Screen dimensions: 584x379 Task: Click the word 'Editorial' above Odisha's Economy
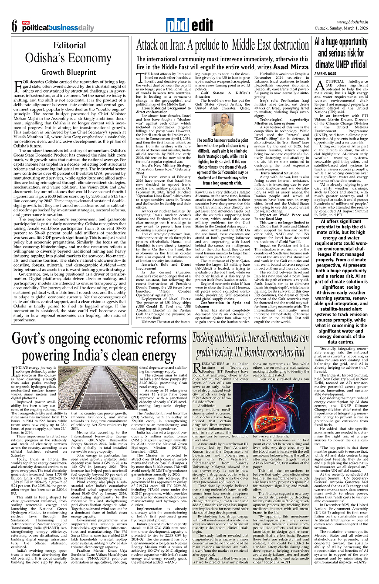pos(69,45)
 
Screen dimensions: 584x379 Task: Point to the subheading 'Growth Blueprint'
pos(69,72)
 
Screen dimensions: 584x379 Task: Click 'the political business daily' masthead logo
pos(57,27)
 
